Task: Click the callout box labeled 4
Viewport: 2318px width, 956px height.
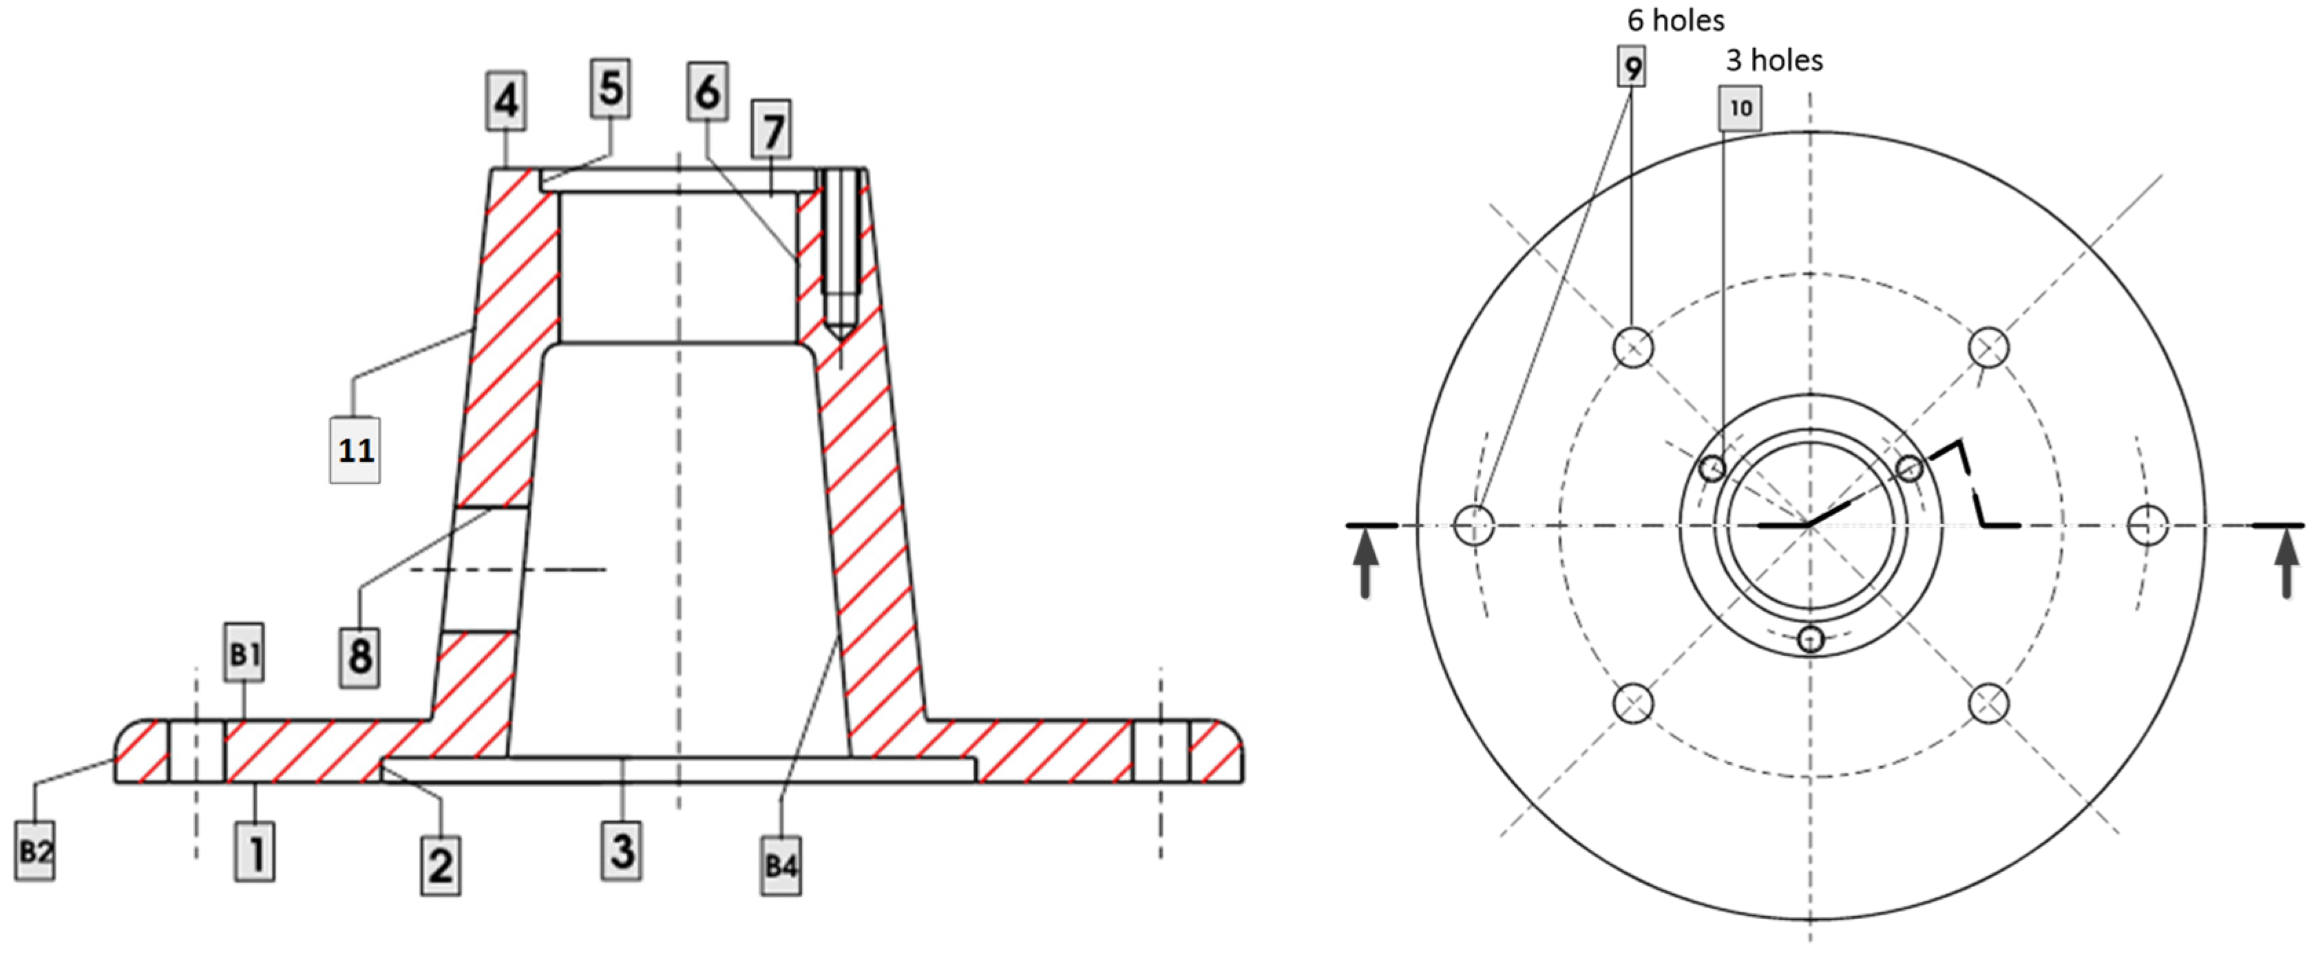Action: [507, 100]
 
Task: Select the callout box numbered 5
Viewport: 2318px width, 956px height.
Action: [611, 88]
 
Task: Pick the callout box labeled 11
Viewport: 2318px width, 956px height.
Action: [355, 450]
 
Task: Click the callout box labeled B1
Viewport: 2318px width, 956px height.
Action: [244, 652]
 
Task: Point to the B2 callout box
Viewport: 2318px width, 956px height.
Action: [35, 851]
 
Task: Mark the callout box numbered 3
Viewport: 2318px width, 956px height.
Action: [622, 850]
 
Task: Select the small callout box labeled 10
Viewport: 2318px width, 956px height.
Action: [1740, 108]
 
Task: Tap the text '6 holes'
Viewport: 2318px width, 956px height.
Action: [1676, 20]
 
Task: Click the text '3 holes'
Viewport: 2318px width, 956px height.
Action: [1773, 61]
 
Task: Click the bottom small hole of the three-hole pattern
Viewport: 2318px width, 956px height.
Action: [1811, 640]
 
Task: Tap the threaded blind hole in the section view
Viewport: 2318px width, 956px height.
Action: [841, 252]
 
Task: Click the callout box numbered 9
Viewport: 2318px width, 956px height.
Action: [1632, 67]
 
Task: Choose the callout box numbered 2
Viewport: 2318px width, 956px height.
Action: [441, 865]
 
